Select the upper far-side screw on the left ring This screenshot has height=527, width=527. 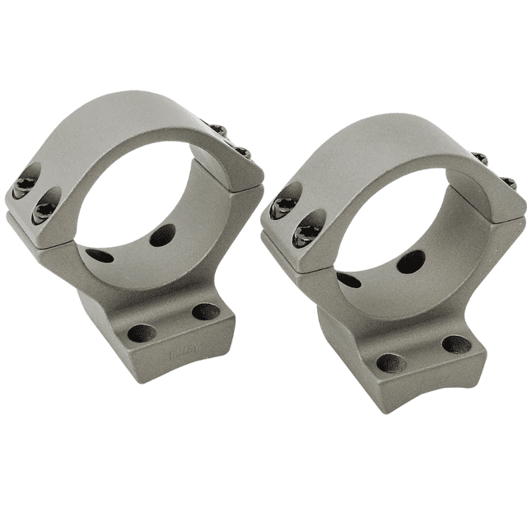(x=217, y=130)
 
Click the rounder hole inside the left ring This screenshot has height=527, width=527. (x=162, y=236)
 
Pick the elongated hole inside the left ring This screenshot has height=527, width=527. (x=100, y=256)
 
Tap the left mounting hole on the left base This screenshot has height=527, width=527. (x=142, y=333)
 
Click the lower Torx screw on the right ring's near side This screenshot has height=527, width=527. (x=306, y=230)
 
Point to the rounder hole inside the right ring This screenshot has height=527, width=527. (x=411, y=261)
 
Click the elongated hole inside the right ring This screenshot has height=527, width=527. (x=349, y=280)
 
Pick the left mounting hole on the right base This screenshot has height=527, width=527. (x=389, y=362)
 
